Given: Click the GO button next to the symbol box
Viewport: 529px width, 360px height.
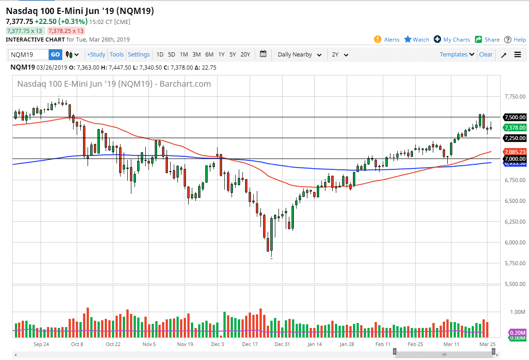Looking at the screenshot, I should pyautogui.click(x=55, y=55).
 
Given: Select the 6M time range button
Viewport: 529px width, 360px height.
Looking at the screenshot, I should pyautogui.click(x=209, y=55).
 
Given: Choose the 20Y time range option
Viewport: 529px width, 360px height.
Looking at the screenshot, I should pyautogui.click(x=245, y=55).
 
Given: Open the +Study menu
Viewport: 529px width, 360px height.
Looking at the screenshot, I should pyautogui.click(x=96, y=55).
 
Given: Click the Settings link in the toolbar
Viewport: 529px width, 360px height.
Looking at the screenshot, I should pyautogui.click(x=139, y=55).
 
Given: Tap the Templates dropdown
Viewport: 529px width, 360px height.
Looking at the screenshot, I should pyautogui.click(x=457, y=55).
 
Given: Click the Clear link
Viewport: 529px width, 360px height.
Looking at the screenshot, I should pyautogui.click(x=486, y=55).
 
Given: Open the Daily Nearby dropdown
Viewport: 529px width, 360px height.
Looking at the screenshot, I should pyautogui.click(x=299, y=55).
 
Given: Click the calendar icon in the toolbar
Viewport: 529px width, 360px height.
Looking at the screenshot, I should pyautogui.click(x=263, y=54).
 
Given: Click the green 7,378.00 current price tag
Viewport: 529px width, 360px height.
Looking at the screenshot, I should pyautogui.click(x=515, y=128).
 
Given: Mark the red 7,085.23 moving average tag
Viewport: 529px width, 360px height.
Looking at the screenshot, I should pyautogui.click(x=515, y=152).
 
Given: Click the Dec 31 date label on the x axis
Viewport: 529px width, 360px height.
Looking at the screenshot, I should pyautogui.click(x=282, y=344).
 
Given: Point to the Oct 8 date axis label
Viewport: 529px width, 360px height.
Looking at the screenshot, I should pyautogui.click(x=77, y=344).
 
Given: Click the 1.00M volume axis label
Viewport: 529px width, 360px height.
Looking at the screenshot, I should pyautogui.click(x=517, y=312).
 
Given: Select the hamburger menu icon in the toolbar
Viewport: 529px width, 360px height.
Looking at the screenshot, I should pyautogui.click(x=517, y=55).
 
